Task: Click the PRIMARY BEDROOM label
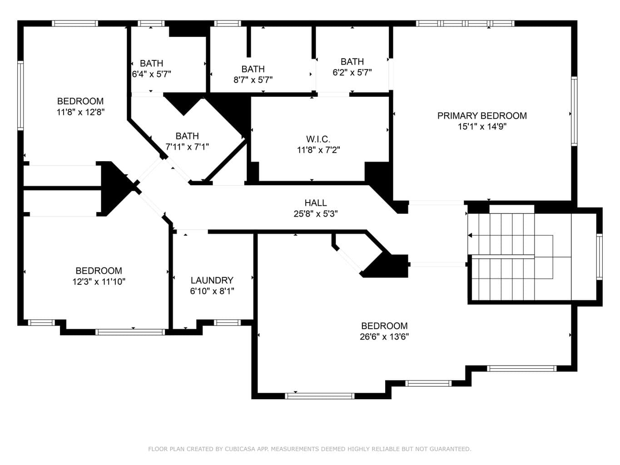[x=482, y=116]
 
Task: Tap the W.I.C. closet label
[x=318, y=139]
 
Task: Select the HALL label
[x=316, y=203]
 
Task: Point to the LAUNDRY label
[x=212, y=280]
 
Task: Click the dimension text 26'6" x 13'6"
[x=384, y=336]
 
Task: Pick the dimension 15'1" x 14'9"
[x=482, y=127]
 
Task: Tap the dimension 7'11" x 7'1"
[x=187, y=147]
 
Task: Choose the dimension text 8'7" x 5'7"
[x=253, y=80]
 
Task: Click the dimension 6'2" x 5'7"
[x=352, y=73]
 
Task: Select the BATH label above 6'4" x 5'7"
[x=151, y=63]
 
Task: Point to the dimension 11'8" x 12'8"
[x=80, y=112]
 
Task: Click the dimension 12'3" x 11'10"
[x=99, y=282]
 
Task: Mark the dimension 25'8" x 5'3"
[x=316, y=214]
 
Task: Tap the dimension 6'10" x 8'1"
[x=212, y=291]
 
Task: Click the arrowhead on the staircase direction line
[x=470, y=235]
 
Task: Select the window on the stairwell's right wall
[x=599, y=257]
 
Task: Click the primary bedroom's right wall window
[x=574, y=111]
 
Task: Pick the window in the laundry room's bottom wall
[x=227, y=322]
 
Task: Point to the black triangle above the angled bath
[x=184, y=104]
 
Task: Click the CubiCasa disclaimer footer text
[x=310, y=449]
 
